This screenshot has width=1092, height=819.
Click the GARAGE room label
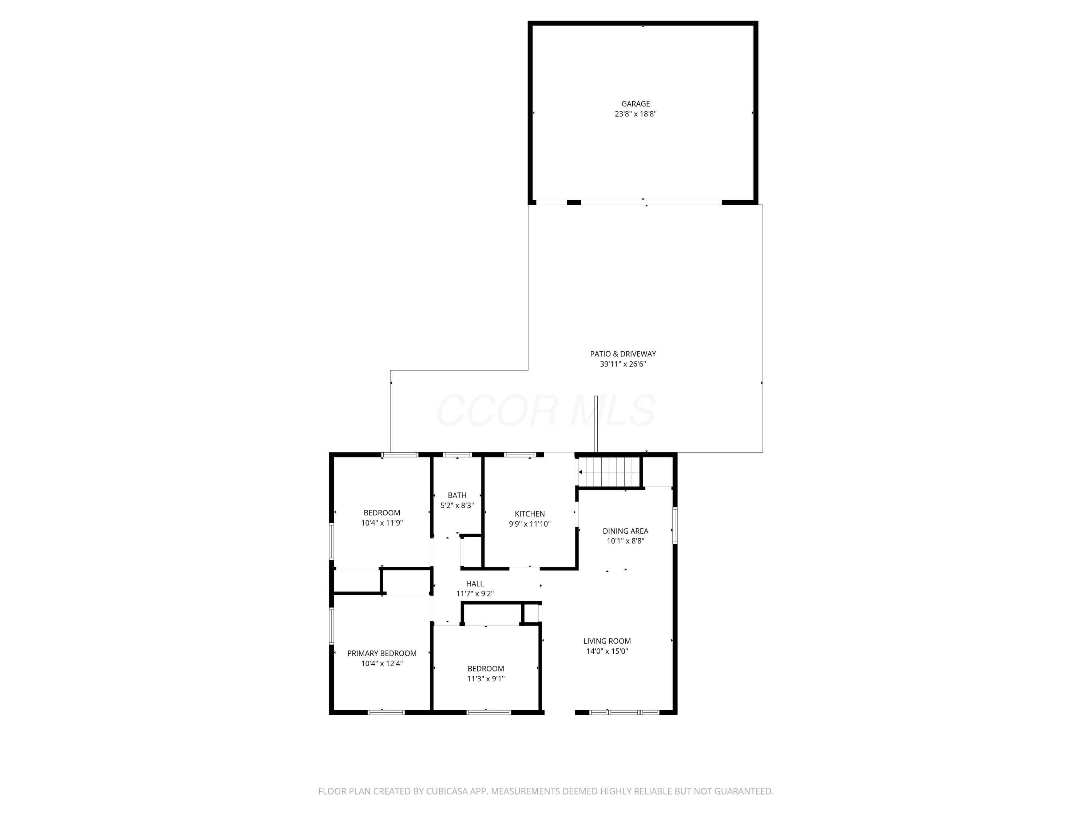635,104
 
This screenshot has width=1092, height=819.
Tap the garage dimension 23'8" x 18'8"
635,114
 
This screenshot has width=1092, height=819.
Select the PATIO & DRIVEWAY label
622,354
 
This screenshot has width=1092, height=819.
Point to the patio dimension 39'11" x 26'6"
622,364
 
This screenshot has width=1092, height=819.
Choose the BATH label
457,495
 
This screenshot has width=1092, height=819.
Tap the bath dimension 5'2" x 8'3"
457,506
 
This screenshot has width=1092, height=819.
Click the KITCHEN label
529,514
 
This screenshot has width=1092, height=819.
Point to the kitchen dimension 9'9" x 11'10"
529,524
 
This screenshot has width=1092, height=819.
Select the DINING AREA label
625,531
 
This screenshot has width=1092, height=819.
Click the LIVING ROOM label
607,641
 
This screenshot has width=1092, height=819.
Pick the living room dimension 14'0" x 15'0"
607,651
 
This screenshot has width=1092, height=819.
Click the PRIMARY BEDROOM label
381,654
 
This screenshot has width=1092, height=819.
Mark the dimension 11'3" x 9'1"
486,679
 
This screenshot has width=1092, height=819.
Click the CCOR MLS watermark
546,411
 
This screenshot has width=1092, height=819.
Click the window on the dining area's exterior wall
674,526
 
